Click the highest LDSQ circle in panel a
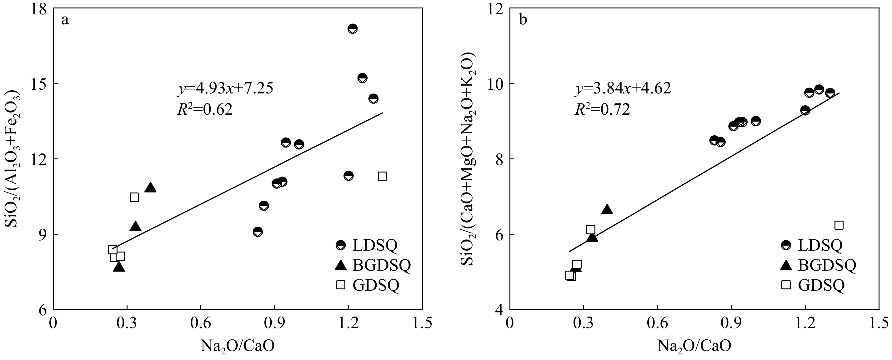point(352,29)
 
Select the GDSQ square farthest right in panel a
point(382,176)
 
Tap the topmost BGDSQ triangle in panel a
point(150,187)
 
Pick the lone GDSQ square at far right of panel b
point(839,225)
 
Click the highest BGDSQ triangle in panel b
point(607,209)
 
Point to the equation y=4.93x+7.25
point(225,89)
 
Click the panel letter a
point(65,20)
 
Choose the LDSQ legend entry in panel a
point(367,245)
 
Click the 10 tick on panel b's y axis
point(495,84)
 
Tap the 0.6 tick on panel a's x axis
point(200,323)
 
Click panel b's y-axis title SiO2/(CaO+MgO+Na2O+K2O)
point(468,159)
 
